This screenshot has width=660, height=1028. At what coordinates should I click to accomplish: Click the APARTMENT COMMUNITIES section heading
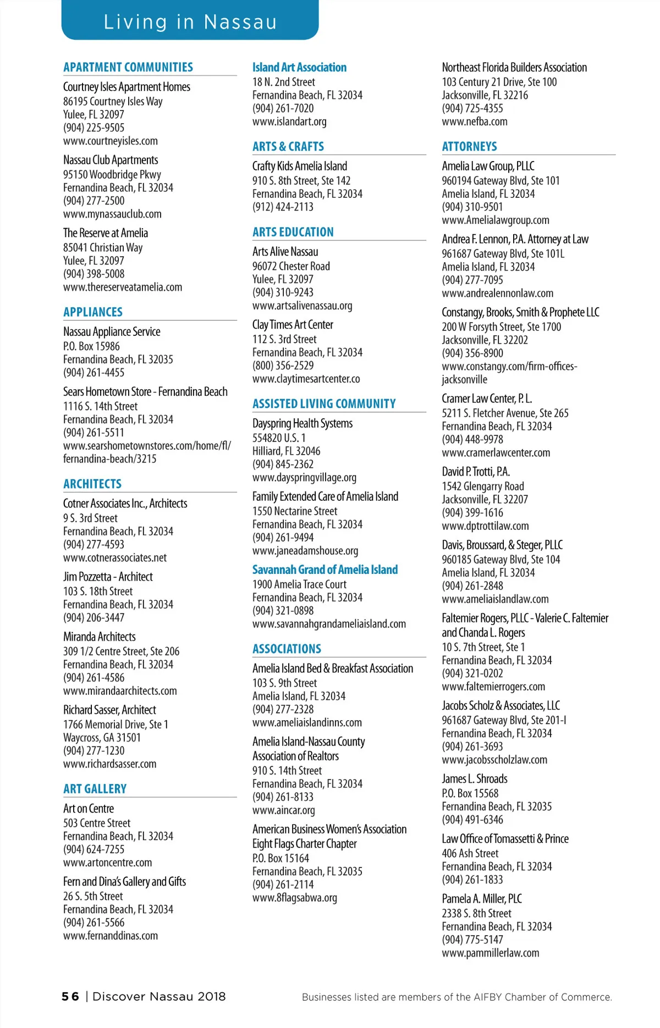coord(128,67)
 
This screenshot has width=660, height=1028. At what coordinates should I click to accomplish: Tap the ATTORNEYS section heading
coord(469,147)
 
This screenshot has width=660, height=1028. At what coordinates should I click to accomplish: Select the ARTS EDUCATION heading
coord(293,232)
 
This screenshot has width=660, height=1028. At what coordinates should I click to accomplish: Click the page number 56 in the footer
coord(70,996)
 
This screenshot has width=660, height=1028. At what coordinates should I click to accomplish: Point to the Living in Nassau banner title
coord(190,22)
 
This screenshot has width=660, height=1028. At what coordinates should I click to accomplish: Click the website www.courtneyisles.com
coord(110,141)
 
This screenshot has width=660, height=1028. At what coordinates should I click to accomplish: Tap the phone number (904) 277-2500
coord(94,201)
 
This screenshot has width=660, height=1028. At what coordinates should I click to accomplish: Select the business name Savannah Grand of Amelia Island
coord(324,570)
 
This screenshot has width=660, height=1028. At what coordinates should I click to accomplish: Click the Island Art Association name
coord(299,67)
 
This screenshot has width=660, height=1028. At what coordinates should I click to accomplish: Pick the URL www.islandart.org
coord(289,121)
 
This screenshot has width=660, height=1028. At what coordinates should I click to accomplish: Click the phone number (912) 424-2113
coord(283,207)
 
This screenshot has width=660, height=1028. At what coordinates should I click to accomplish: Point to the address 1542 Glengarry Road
coord(482,486)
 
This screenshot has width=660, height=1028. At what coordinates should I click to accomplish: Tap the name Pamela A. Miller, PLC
coord(482,898)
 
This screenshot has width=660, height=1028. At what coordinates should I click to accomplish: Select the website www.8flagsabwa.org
coord(295,898)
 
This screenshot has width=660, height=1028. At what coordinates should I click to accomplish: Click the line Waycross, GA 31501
coord(102,737)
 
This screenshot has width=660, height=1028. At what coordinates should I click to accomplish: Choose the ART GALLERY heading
coord(95,789)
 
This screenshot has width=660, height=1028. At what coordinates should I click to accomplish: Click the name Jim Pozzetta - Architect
coord(108,577)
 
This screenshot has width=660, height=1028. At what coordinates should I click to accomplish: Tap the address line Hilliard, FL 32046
coord(286,451)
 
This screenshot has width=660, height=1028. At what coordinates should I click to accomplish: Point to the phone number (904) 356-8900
coord(472,353)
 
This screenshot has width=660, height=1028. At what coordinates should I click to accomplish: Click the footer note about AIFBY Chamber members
coord(457,997)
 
